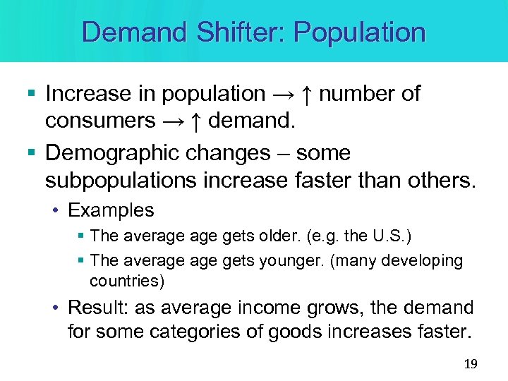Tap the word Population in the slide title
(x=359, y=32)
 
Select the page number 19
(x=471, y=364)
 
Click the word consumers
(x=100, y=121)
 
